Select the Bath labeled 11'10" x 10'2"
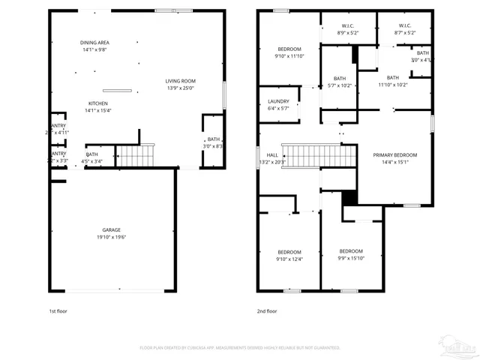393,81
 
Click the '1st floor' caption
59,310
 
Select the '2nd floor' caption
267,310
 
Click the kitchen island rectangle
118,90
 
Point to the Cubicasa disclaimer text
240,348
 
